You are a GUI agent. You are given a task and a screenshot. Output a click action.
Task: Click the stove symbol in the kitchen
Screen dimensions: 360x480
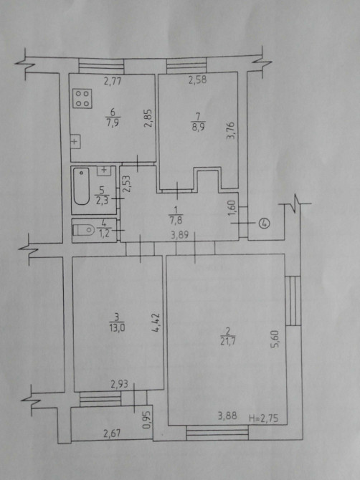82,99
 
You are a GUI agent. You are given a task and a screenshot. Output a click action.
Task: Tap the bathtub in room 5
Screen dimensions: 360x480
81,186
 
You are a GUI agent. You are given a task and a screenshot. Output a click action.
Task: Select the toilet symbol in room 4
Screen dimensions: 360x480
83,229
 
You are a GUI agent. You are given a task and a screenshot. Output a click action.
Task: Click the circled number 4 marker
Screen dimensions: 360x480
265,223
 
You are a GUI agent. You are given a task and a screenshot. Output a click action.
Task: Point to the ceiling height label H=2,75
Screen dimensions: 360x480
263,418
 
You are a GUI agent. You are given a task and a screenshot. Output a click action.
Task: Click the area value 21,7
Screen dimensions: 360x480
228,341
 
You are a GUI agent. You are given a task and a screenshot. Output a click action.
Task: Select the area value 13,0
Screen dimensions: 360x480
117,328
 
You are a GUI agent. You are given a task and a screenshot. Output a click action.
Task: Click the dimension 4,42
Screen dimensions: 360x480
156,322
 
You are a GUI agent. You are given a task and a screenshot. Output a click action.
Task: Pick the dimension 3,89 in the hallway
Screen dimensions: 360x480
180,236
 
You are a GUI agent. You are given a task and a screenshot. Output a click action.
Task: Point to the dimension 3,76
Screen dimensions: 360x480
230,131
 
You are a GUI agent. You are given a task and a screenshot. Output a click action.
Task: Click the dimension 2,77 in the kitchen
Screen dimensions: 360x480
113,81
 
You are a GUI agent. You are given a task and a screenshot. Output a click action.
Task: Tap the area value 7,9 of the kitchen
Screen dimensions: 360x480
113,123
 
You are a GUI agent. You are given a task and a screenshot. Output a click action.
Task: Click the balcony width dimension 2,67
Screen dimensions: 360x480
112,433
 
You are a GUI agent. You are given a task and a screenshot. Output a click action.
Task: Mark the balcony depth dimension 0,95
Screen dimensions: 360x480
148,421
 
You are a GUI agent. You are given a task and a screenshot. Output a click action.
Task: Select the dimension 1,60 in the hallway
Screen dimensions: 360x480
232,208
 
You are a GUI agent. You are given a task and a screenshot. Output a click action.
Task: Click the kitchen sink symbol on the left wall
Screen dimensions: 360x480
75,141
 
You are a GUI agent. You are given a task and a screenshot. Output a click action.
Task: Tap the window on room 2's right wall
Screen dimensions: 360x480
293,301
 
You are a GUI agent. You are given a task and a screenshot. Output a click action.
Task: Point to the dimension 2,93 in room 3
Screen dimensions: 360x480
119,384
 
